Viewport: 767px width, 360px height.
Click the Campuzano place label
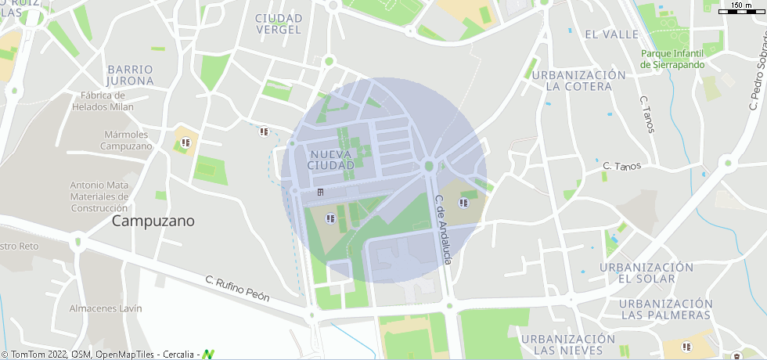pos(153,221)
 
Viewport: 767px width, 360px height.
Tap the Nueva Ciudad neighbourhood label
pos(331,160)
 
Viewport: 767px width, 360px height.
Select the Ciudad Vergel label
pos(278,23)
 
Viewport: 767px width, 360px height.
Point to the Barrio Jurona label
pos(130,75)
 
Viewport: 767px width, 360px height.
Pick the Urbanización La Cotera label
pos(578,81)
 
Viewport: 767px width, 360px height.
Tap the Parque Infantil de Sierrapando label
pos(672,59)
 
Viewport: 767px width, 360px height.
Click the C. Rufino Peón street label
pos(237,288)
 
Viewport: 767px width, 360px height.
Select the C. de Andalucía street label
pos(443,229)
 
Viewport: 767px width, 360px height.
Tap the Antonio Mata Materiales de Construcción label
pos(99,196)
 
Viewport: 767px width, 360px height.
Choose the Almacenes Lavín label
pos(106,308)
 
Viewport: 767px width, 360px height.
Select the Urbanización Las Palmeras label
pos(665,309)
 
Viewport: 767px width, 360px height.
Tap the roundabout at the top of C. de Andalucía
pos(429,165)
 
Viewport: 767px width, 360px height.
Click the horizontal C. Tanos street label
pos(622,166)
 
